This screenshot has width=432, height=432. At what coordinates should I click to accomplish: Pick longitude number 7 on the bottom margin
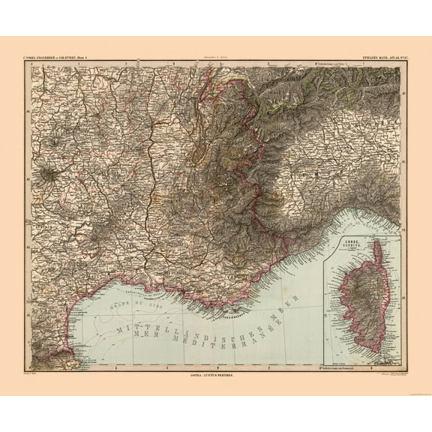tap(268, 367)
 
